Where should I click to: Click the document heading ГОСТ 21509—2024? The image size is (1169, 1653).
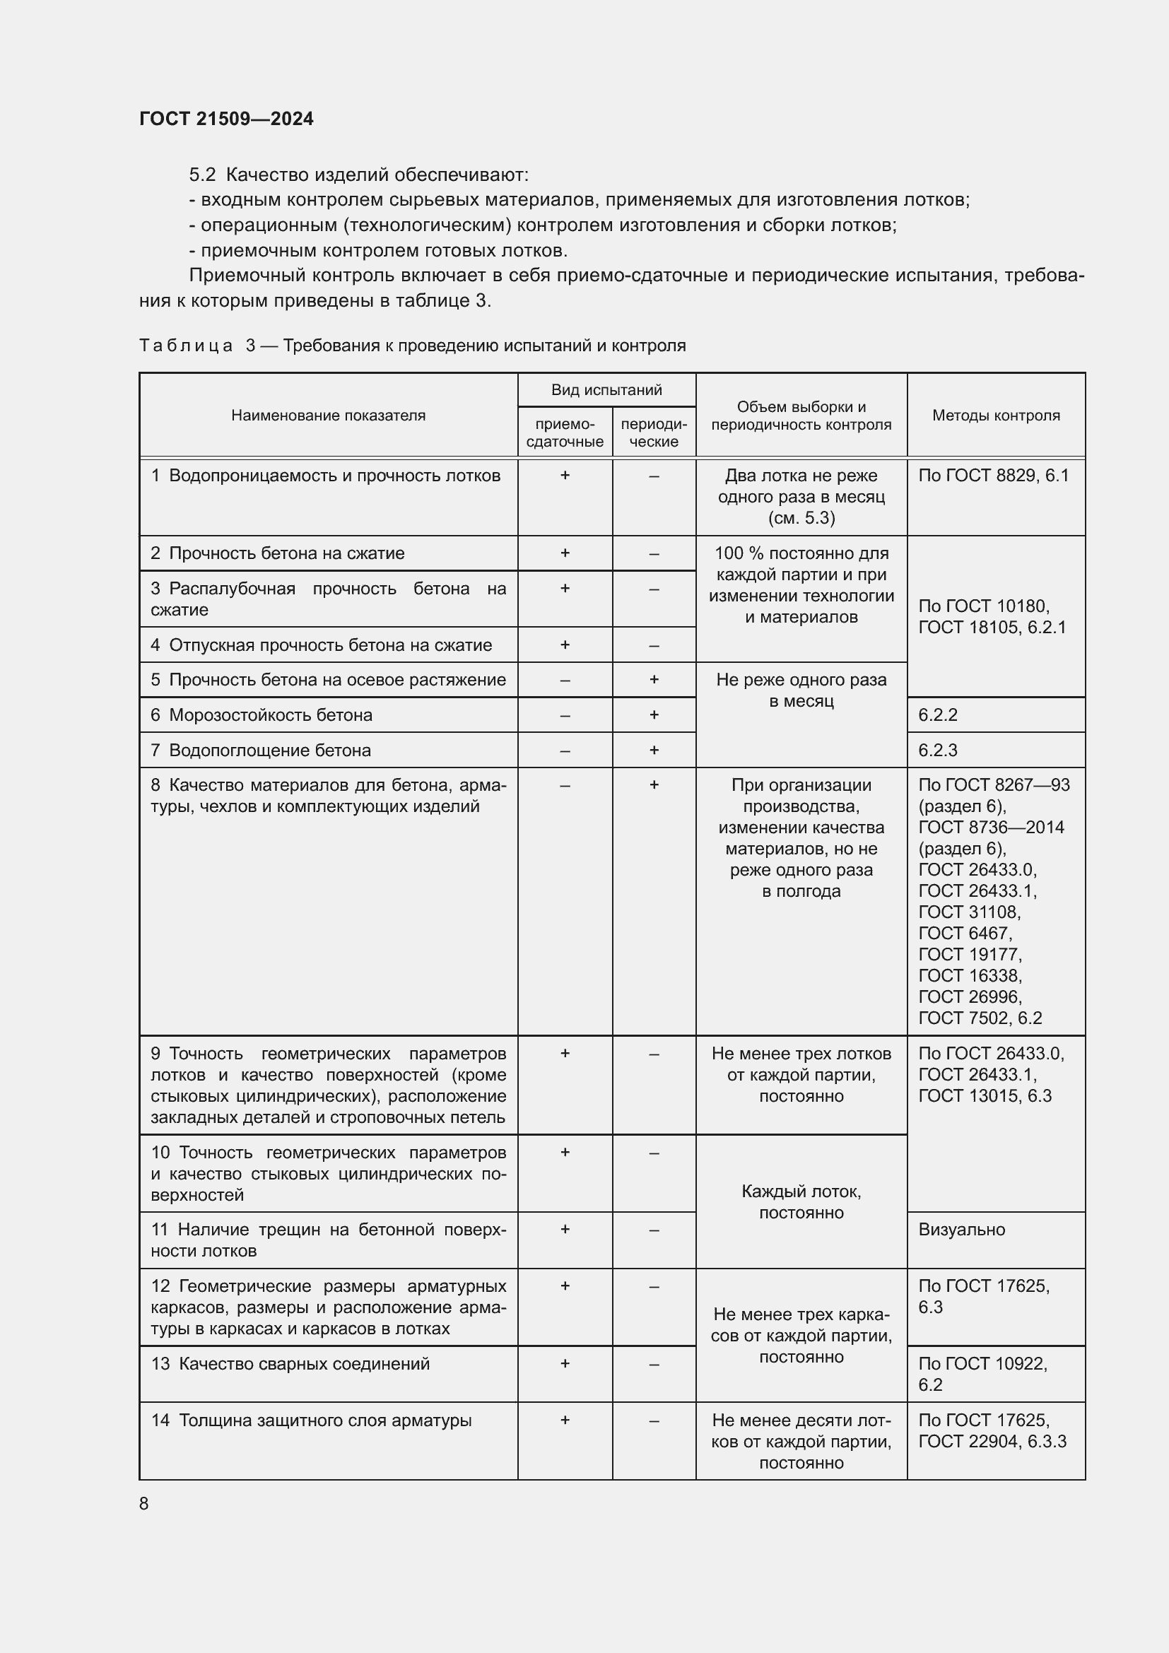[x=226, y=119]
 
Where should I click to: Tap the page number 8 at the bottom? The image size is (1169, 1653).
[x=144, y=1503]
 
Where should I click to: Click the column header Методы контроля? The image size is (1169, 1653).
[x=996, y=416]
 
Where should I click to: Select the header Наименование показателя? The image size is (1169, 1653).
[x=328, y=416]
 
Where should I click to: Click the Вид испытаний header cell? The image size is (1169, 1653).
[x=606, y=390]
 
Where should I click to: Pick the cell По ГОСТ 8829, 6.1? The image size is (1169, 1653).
[x=993, y=475]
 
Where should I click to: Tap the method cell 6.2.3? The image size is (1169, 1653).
[x=937, y=751]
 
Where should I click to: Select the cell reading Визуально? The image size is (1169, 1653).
[x=961, y=1230]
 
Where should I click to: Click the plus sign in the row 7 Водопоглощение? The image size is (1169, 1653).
[x=654, y=751]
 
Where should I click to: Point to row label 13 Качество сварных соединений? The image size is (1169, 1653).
[x=290, y=1363]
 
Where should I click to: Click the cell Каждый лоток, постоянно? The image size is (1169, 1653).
[x=801, y=1201]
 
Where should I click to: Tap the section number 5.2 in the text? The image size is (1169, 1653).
[x=202, y=175]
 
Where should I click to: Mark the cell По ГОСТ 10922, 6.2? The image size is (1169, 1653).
[x=982, y=1374]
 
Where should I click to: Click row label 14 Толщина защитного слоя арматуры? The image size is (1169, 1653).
[x=311, y=1420]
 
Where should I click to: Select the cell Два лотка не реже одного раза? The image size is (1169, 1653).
[x=801, y=496]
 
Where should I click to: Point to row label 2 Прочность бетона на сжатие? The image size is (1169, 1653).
[x=278, y=553]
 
